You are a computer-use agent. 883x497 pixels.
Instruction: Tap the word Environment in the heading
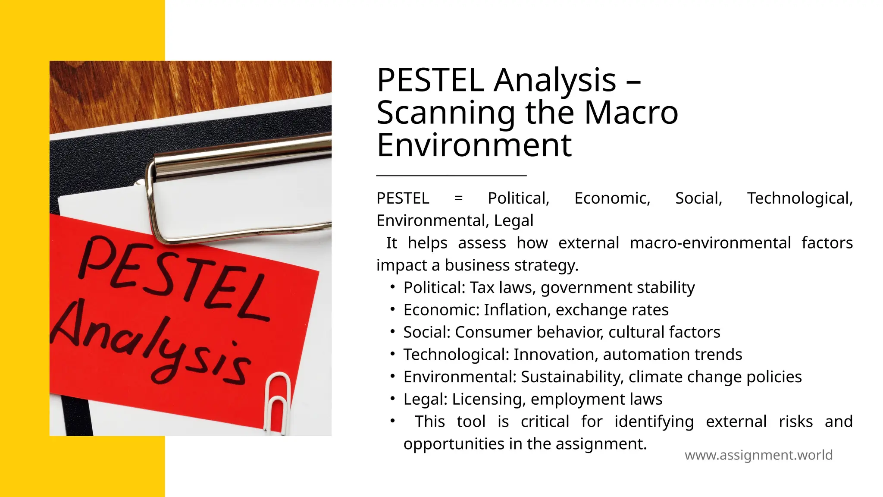[x=474, y=145]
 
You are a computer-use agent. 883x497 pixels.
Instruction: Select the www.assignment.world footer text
[x=758, y=455]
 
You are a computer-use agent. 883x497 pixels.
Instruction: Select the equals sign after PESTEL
[x=458, y=198]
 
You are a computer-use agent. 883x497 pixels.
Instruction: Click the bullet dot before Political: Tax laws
[x=392, y=287]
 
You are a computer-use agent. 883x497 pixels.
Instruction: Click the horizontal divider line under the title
[x=451, y=176]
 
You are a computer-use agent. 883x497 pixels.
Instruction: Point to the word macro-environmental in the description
[x=710, y=243]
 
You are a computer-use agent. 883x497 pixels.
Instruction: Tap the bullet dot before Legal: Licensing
[x=392, y=399]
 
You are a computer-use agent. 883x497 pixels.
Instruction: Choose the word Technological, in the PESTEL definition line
[x=799, y=198]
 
